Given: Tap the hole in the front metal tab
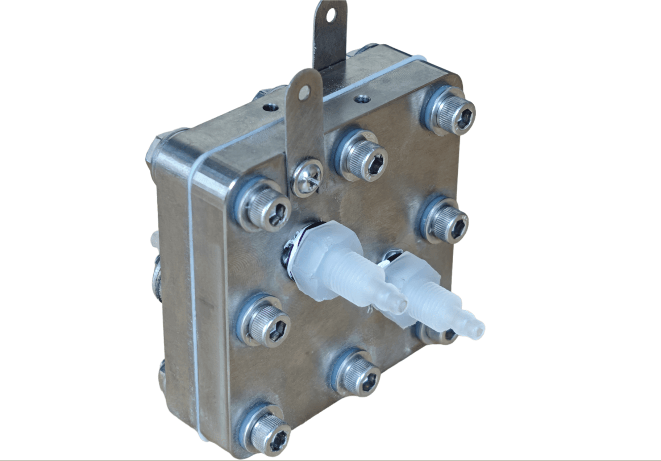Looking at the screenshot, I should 304,90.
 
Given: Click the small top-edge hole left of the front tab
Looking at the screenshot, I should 269,106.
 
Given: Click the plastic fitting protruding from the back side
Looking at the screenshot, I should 153,240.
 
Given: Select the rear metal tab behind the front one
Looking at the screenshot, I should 329,39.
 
